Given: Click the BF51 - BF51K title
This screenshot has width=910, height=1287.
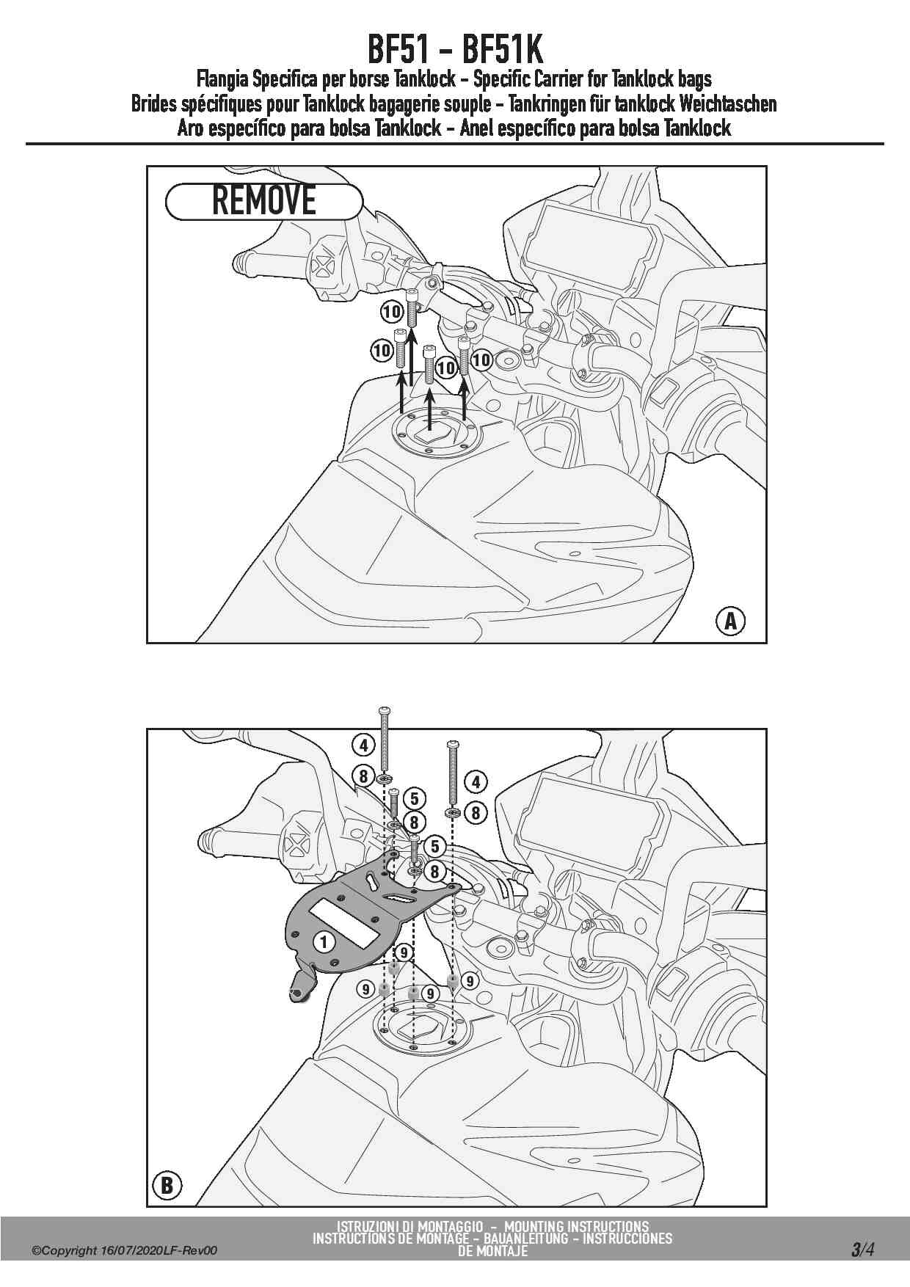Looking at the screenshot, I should pos(455,50).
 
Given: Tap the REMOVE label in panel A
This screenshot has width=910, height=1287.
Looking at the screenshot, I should pos(264,201).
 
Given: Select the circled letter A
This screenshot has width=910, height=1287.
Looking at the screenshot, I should pos(729,621).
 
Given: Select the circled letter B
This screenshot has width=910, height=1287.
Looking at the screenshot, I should pos(167,1185).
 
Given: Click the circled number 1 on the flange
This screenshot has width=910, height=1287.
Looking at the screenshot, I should pos(324,941).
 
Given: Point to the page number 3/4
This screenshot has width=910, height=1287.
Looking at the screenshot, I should pos(862,1249).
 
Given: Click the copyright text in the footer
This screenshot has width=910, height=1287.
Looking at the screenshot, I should pos(125,1250).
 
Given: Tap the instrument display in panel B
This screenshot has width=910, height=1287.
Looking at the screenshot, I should pos(591,822).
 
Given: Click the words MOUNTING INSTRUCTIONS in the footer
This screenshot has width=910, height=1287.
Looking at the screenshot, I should pos(576,1226).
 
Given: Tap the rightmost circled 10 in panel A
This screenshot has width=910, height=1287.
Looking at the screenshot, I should pos(481,360).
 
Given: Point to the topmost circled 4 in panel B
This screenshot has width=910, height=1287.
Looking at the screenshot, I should pos(364,745).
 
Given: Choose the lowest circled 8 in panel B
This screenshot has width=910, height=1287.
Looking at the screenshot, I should pos(434,871).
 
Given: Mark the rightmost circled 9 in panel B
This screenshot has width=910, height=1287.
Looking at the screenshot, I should pos(469,980).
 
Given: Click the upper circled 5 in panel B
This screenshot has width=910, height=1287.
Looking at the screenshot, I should pos(414,799).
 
